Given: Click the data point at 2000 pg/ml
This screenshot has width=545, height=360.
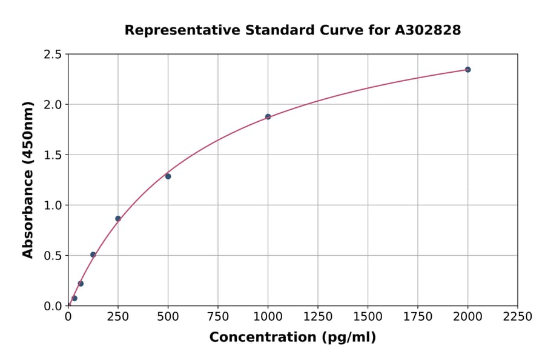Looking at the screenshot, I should tap(467, 70).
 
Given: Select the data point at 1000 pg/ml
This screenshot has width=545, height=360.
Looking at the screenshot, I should tap(268, 117).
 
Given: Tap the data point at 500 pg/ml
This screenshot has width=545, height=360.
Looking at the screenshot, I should tap(168, 176).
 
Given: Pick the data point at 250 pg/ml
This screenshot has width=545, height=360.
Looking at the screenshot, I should tap(118, 219).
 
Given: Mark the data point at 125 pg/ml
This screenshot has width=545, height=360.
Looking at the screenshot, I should tap(93, 255).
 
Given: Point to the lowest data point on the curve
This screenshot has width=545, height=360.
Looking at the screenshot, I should tap(74, 298).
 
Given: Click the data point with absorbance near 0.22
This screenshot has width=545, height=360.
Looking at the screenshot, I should tap(81, 284).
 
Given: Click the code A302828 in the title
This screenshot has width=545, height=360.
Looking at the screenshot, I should tap(428, 30).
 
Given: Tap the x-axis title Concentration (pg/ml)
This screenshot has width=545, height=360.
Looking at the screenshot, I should tap(292, 338).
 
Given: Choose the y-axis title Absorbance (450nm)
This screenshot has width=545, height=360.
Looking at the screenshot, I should tap(28, 180).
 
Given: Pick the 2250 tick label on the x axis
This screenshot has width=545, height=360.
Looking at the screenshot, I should tap(517, 317).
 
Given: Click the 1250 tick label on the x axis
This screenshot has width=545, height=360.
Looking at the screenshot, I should tap(317, 317).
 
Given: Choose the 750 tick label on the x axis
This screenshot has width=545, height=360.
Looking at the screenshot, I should tap(218, 317).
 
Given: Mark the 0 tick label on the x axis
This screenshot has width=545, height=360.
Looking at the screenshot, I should tap(68, 317).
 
